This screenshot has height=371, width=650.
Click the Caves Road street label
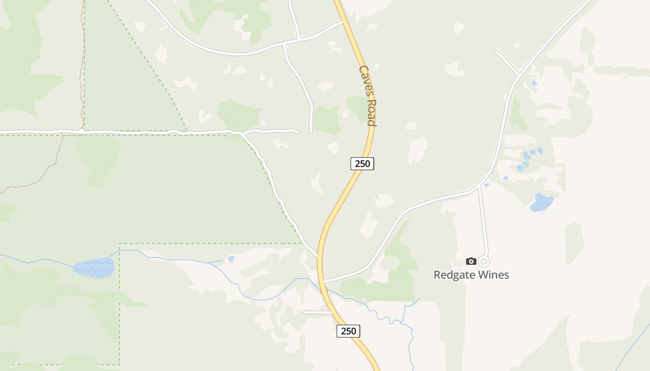point(367,95)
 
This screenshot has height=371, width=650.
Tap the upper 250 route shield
point(362,163)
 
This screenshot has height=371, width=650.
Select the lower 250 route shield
point(348,331)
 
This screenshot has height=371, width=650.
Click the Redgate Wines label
point(471,275)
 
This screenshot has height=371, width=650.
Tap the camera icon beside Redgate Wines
point(471,262)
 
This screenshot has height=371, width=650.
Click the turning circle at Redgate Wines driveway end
point(484,262)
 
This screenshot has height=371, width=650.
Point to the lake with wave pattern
point(94,267)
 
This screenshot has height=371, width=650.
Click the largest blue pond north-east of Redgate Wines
point(541,202)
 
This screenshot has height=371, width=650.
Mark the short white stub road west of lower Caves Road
point(317,313)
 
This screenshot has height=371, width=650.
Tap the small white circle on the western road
point(81,131)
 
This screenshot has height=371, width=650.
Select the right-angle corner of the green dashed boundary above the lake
point(120,244)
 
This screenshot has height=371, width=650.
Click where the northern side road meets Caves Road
point(344,21)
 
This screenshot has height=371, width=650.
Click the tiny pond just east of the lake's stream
point(231,259)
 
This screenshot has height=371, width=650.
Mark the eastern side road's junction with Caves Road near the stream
point(324,281)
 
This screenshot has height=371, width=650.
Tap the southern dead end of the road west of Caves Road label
point(311,132)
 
